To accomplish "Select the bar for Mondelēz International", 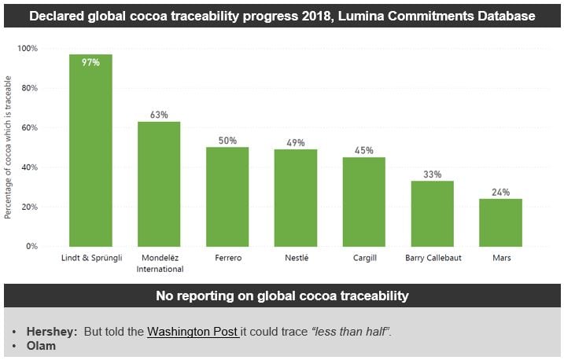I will coord(159,184).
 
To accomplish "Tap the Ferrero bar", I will coord(227,197).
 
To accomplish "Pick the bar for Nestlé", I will coord(295,197).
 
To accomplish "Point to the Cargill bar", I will coord(363,201).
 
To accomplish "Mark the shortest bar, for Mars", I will coord(500,222).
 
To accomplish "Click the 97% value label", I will coord(90,62).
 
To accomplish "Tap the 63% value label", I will coord(159,115).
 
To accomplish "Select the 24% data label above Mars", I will coord(500,192).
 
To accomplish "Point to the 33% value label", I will coord(432,174).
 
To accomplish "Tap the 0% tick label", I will coord(31,246).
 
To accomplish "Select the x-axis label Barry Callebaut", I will coord(432,257).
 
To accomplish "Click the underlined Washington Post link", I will coord(192,332).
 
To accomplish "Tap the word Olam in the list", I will coord(41,346).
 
